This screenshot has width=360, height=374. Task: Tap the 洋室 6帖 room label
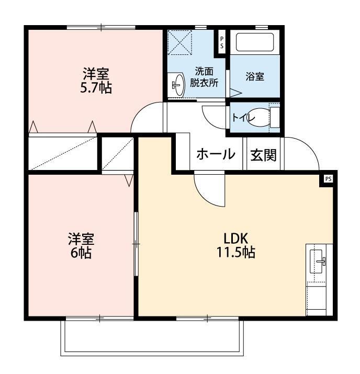coord(81,246)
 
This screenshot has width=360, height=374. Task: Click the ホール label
coord(215,155)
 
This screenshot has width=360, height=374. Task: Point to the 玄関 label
coord(263,155)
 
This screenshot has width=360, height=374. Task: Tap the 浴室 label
coord(254,76)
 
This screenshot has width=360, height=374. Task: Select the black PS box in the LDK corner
coord(328,178)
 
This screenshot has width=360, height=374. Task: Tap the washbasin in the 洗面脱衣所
coord(178,84)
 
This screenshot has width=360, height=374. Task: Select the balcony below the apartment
coord(152,337)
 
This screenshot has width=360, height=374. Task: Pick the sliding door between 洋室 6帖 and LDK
coord(136,244)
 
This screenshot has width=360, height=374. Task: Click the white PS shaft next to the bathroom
coord(222,41)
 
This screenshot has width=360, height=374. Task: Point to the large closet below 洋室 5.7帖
coord(63,153)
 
